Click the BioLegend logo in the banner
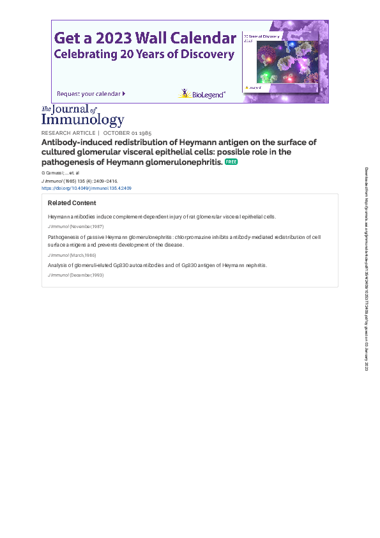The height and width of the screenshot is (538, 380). pos(201,94)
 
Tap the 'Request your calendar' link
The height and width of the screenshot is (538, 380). pos(91,94)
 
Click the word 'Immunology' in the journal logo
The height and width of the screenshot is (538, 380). pos(83,119)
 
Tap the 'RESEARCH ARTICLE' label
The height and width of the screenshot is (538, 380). pos(68,133)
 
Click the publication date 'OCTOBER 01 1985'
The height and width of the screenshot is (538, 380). pos(127,133)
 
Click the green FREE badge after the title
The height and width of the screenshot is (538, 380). pos(231,162)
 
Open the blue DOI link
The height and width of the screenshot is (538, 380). pos(87,188)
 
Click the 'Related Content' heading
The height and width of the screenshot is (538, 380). pos(72,203)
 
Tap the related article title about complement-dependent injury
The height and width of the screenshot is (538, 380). pos(162,217)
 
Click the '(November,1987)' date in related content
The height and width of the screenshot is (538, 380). pos(86,227)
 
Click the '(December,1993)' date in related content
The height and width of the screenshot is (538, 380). pos(86,275)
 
